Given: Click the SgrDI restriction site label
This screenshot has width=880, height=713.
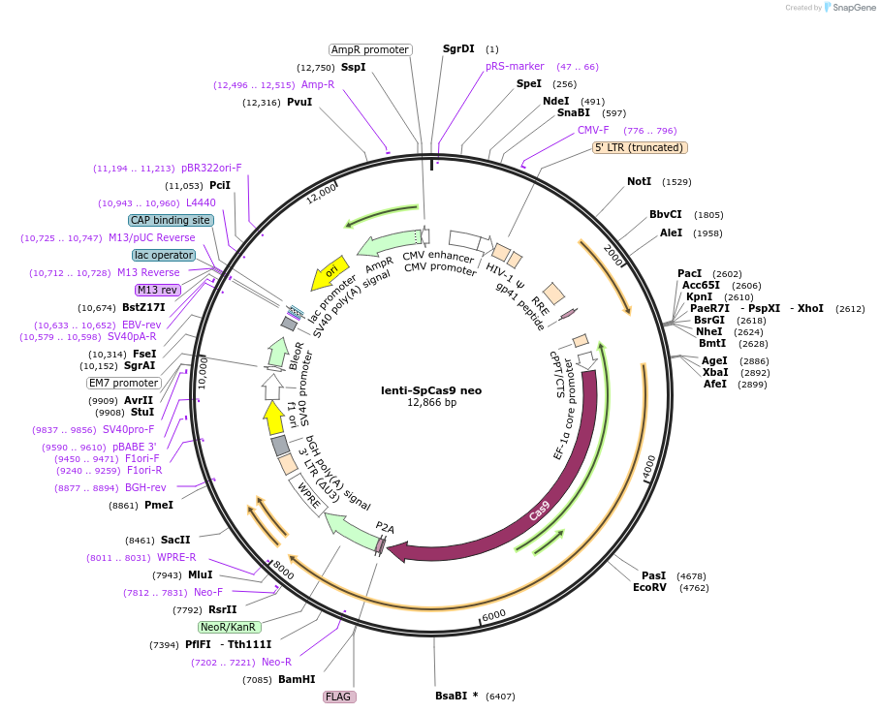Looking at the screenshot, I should click(x=458, y=48).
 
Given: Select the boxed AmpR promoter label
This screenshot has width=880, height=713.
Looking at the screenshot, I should click(x=369, y=49).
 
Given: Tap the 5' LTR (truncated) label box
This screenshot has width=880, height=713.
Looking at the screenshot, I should click(x=640, y=147).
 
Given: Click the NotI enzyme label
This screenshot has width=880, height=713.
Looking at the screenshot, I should click(x=639, y=182).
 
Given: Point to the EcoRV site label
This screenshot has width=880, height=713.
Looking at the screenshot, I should click(x=649, y=587).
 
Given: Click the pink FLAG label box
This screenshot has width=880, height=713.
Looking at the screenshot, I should click(x=338, y=697).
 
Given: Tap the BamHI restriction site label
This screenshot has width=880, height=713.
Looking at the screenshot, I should click(x=297, y=679).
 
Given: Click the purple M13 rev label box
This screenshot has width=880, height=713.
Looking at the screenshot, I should click(x=158, y=290).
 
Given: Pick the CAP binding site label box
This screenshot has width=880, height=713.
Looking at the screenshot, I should click(x=171, y=220).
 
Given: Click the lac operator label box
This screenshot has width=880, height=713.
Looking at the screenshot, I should click(x=164, y=255).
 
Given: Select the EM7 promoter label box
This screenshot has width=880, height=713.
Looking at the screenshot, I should click(x=123, y=383).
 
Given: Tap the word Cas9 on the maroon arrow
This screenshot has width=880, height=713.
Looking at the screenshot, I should click(x=540, y=510).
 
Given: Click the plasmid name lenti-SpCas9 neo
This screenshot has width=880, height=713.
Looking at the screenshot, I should click(x=431, y=390).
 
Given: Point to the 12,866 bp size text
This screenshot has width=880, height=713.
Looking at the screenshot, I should click(x=431, y=402).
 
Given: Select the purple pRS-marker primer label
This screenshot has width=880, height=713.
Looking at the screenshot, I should click(x=515, y=67).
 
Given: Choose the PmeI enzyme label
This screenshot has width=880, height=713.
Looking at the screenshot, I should click(x=159, y=505).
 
